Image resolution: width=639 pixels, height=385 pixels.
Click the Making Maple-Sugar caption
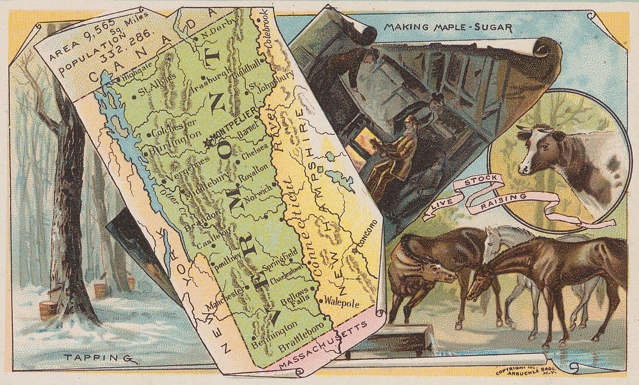click(448, 28)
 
